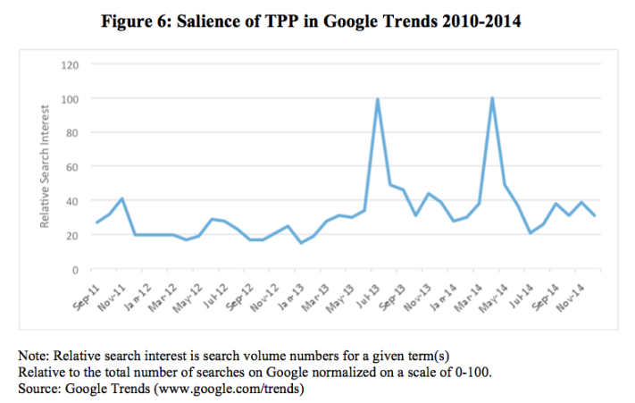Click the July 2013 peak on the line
point(378,99)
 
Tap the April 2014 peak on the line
point(492,98)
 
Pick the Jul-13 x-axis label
point(367,291)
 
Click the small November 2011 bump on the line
point(121,198)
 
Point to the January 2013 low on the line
point(301,243)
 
